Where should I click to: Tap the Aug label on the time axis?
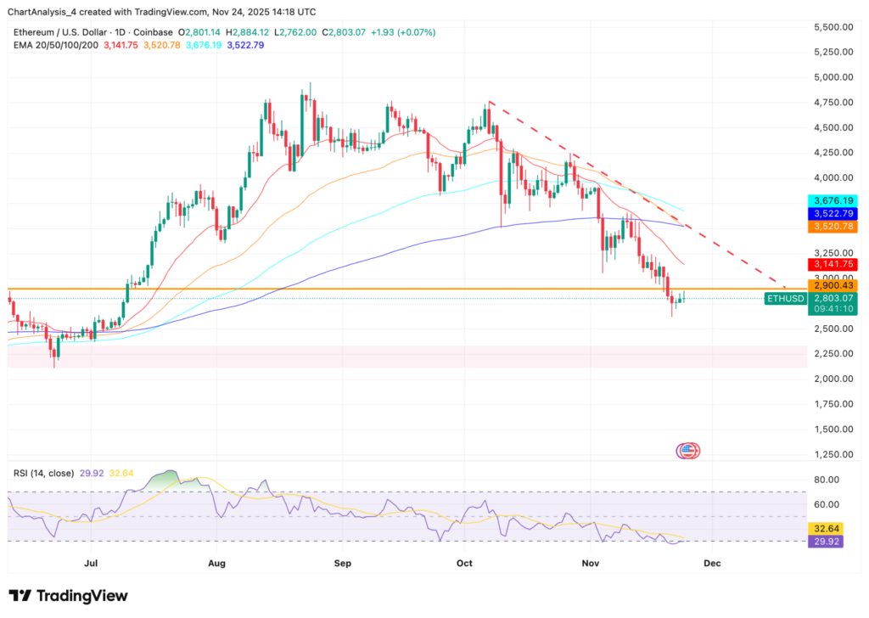pos(216,562)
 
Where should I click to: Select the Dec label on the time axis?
pos(712,562)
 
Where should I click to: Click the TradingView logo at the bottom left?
pos(68,596)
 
